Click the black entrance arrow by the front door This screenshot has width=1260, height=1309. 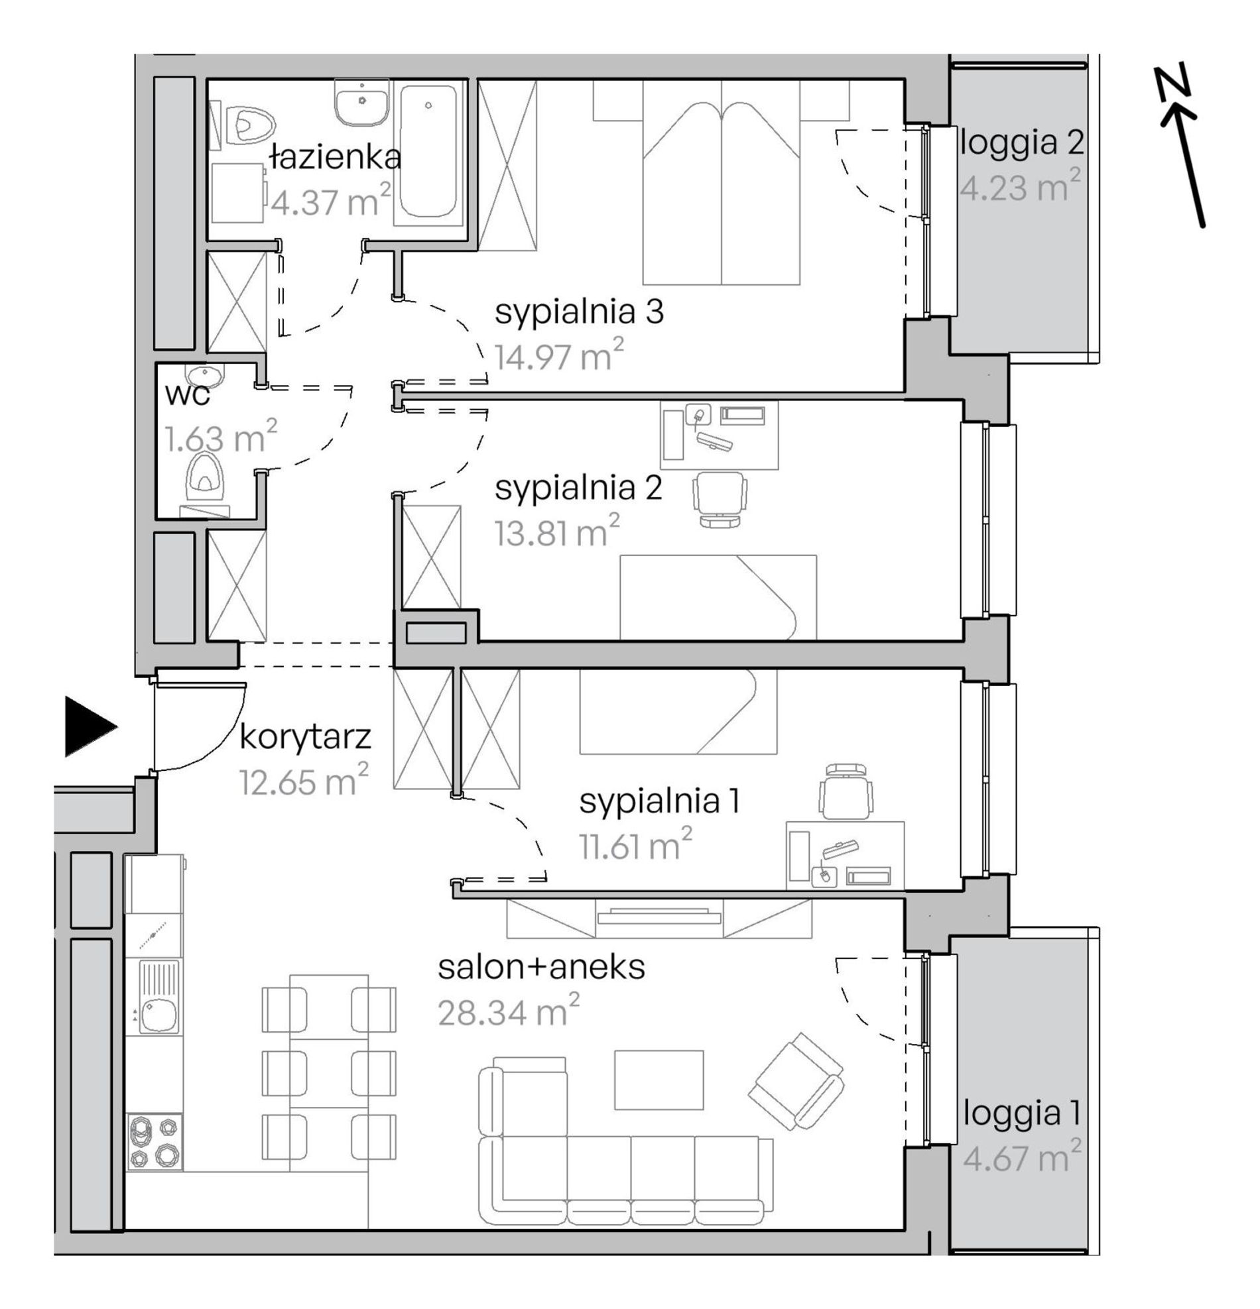pyautogui.click(x=90, y=726)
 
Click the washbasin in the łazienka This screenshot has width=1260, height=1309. pyautogui.click(x=361, y=103)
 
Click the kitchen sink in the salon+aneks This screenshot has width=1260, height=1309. pyautogui.click(x=160, y=996)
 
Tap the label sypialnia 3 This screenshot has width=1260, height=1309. pyautogui.click(x=579, y=312)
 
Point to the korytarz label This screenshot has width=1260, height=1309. pyautogui.click(x=305, y=738)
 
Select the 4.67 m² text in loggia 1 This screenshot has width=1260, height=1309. pyautogui.click(x=1021, y=1157)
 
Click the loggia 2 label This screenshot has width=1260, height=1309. pyautogui.click(x=1021, y=143)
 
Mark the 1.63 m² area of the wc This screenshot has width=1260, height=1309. pyautogui.click(x=220, y=437)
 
